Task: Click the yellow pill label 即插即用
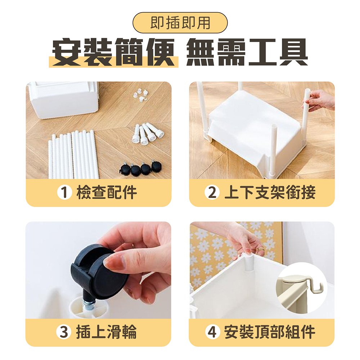coord(180,23)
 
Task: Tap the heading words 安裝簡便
coord(113,52)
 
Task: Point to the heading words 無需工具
coord(247,52)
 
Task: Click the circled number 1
coord(64,192)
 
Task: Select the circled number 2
coord(212,192)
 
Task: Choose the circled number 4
coord(212,332)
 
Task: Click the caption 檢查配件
coord(107,192)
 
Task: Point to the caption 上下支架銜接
coord(270,192)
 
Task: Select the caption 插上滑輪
coord(106,332)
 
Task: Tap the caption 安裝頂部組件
coord(270,332)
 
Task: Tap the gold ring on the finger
coord(260,249)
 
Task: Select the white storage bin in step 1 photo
coord(63,100)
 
